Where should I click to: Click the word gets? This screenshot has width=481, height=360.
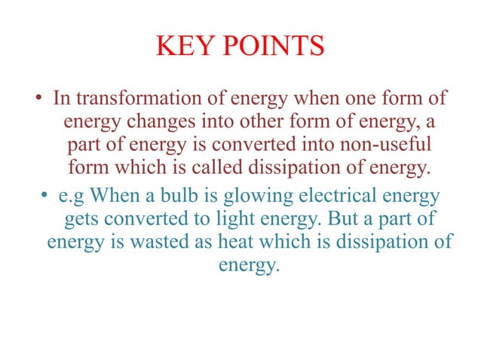(79, 220)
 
